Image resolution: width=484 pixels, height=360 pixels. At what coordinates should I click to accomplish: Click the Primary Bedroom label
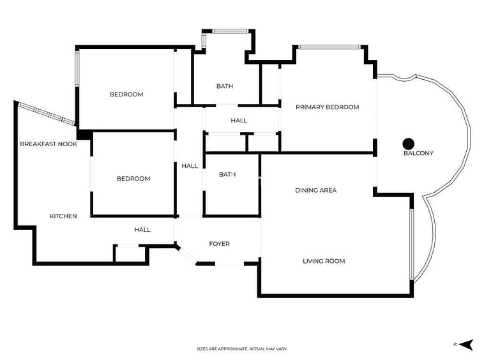327,107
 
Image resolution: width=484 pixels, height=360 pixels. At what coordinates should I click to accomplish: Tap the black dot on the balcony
409,144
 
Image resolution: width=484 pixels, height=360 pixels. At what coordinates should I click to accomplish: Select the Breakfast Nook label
49,144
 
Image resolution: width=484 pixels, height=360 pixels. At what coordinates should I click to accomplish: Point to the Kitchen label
63,216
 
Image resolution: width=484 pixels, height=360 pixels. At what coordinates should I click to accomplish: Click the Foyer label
219,244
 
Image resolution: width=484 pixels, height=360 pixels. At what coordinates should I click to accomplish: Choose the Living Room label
324,261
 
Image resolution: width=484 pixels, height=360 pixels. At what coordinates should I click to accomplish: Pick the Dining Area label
316,190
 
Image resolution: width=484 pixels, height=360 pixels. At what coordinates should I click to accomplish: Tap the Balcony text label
419,153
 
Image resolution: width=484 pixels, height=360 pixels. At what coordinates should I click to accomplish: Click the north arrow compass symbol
466,345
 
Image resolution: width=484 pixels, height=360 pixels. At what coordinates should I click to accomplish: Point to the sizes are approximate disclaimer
242,349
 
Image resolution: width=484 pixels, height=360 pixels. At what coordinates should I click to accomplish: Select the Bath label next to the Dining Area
227,175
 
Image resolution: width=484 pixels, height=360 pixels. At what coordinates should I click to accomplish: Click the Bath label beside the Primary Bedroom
225,86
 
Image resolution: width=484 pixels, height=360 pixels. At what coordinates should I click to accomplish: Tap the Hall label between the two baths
239,120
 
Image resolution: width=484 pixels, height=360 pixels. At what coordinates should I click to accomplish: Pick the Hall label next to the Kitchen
142,230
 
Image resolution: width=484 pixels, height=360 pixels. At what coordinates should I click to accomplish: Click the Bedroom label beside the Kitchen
133,178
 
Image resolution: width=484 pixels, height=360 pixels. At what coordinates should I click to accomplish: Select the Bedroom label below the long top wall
126,94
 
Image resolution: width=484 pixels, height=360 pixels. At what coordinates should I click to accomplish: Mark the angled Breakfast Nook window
47,114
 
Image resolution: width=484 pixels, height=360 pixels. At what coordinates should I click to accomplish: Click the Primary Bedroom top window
329,47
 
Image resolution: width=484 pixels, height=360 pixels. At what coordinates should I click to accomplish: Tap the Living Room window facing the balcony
411,244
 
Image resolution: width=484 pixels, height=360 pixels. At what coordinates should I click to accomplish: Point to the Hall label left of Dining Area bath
190,166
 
